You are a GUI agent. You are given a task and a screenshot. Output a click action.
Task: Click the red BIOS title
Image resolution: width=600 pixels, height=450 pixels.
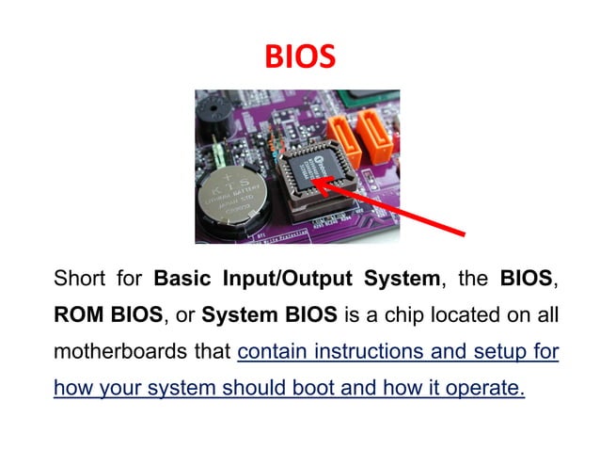pos(300,57)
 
